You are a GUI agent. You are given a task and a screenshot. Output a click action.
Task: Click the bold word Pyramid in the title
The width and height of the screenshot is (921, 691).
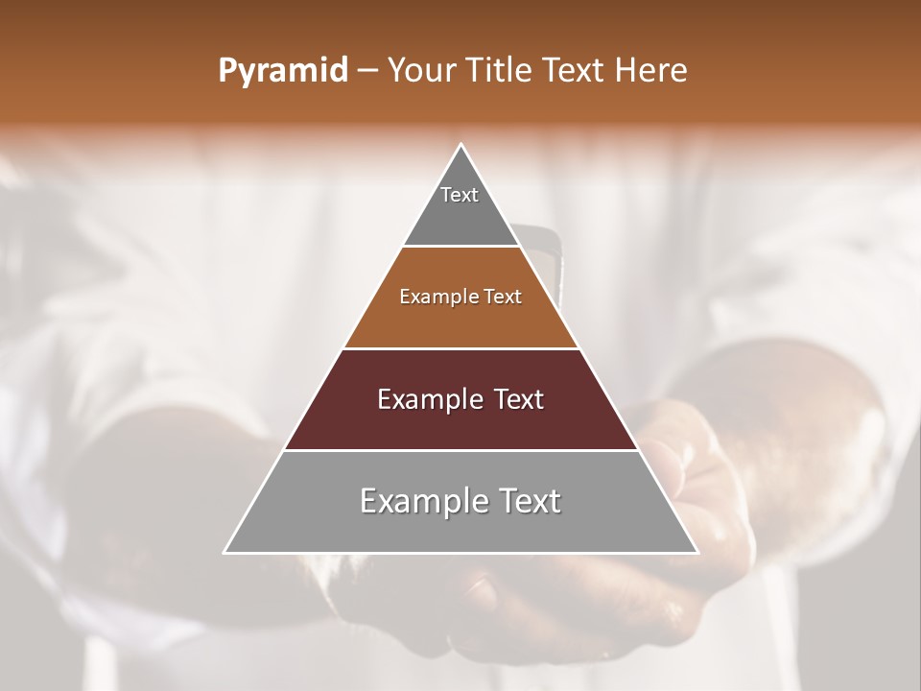tap(283, 71)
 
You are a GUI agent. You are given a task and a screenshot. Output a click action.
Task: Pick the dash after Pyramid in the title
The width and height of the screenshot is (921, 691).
tap(366, 71)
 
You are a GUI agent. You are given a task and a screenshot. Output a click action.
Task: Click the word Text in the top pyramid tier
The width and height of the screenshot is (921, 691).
tap(460, 195)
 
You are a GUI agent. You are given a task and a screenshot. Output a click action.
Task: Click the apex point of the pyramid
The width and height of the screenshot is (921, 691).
tap(461, 145)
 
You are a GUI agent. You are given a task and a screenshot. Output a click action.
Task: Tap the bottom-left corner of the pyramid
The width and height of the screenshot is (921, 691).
tap(224, 553)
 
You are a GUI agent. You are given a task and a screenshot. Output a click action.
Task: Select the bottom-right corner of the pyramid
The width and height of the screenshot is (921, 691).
tap(697, 553)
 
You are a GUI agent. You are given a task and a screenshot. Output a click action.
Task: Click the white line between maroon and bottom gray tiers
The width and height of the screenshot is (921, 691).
tap(461, 451)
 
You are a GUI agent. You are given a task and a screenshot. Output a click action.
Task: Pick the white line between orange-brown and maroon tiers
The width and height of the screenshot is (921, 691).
tap(461, 348)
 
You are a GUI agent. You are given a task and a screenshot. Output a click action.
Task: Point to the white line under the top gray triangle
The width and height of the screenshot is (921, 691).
tap(461, 247)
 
